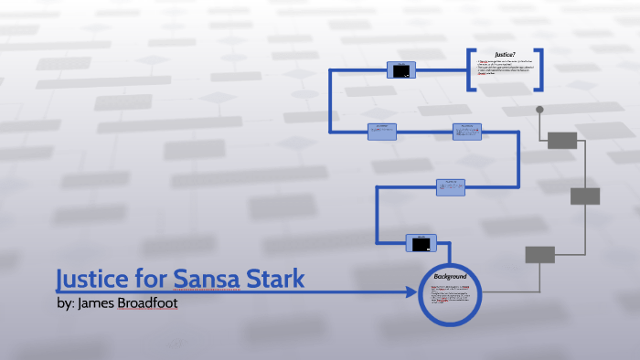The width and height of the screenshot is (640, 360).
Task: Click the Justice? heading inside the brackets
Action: click(x=507, y=54)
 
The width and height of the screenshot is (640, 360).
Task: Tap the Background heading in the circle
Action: click(x=451, y=276)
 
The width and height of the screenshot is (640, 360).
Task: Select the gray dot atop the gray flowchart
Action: click(x=539, y=111)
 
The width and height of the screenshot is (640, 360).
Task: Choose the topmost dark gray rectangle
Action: click(x=562, y=140)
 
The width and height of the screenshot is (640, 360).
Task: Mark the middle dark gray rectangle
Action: click(x=585, y=196)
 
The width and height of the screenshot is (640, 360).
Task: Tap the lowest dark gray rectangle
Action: click(x=540, y=254)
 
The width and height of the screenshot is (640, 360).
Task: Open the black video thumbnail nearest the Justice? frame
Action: click(x=402, y=70)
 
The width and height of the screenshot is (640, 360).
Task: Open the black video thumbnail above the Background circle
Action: click(x=420, y=243)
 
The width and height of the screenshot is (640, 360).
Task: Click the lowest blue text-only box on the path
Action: click(x=450, y=187)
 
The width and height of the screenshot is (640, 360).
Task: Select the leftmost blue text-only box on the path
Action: click(x=382, y=132)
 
